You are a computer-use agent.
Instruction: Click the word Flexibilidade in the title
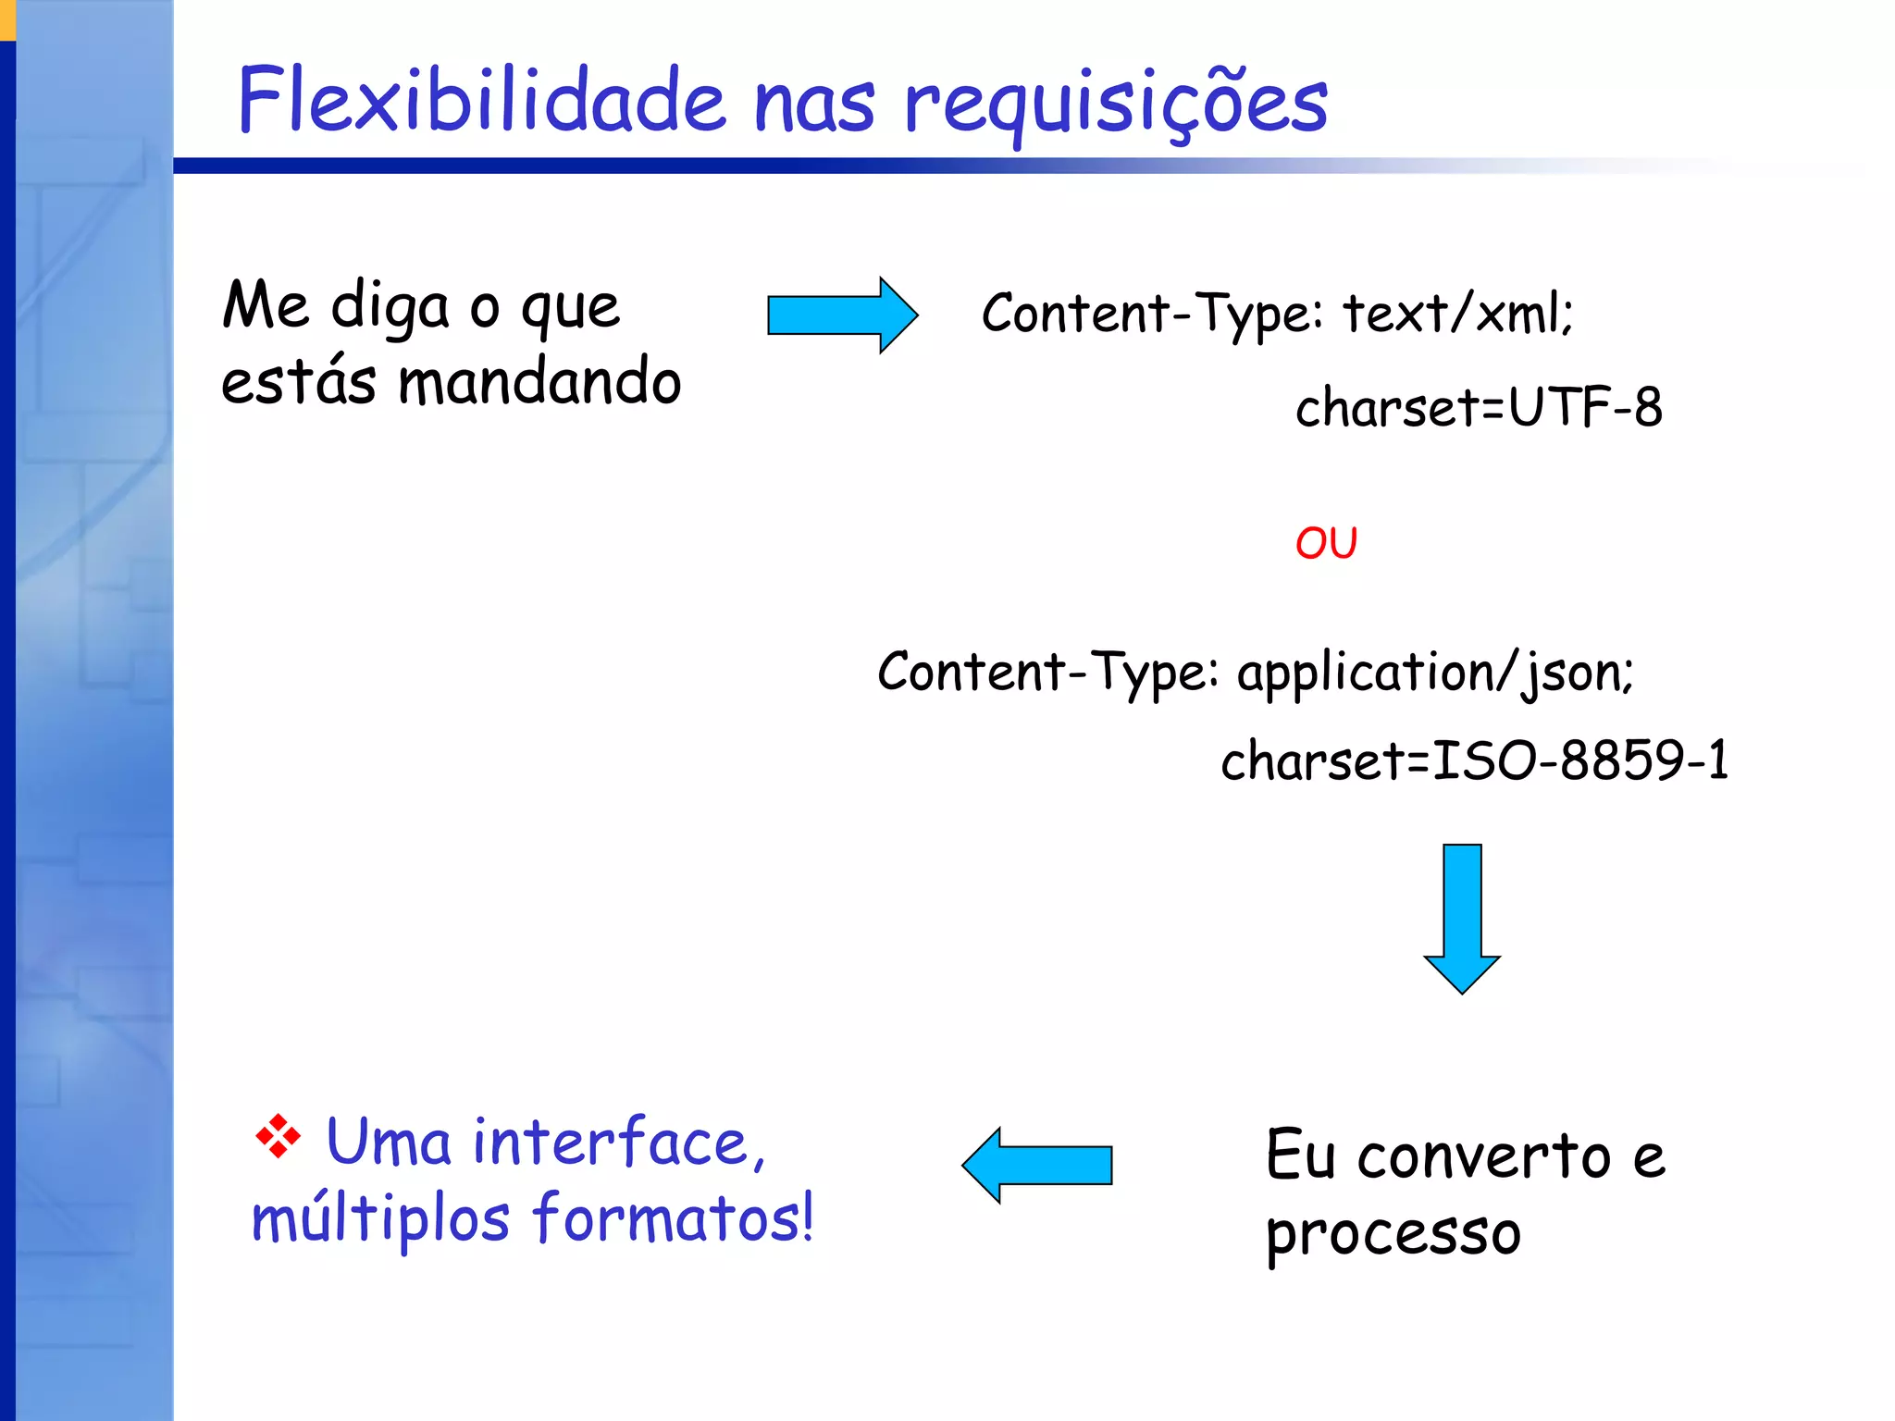(x=481, y=100)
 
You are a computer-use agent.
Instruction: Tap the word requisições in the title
(x=1115, y=104)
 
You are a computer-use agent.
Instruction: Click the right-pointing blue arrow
(x=842, y=315)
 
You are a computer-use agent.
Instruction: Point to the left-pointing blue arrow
(x=1036, y=1165)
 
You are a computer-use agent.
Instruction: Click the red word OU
(x=1326, y=543)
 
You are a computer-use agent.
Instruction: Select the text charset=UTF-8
(x=1478, y=407)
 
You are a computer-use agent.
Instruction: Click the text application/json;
(x=1435, y=673)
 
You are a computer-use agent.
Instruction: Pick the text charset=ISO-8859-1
(x=1474, y=760)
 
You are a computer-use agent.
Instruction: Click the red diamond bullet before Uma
(x=278, y=1137)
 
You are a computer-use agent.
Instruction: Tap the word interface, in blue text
(x=619, y=1143)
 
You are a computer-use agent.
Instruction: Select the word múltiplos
(x=380, y=1219)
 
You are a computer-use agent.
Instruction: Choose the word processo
(x=1393, y=1234)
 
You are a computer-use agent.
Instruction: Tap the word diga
(x=390, y=307)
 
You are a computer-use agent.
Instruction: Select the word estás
(x=298, y=381)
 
